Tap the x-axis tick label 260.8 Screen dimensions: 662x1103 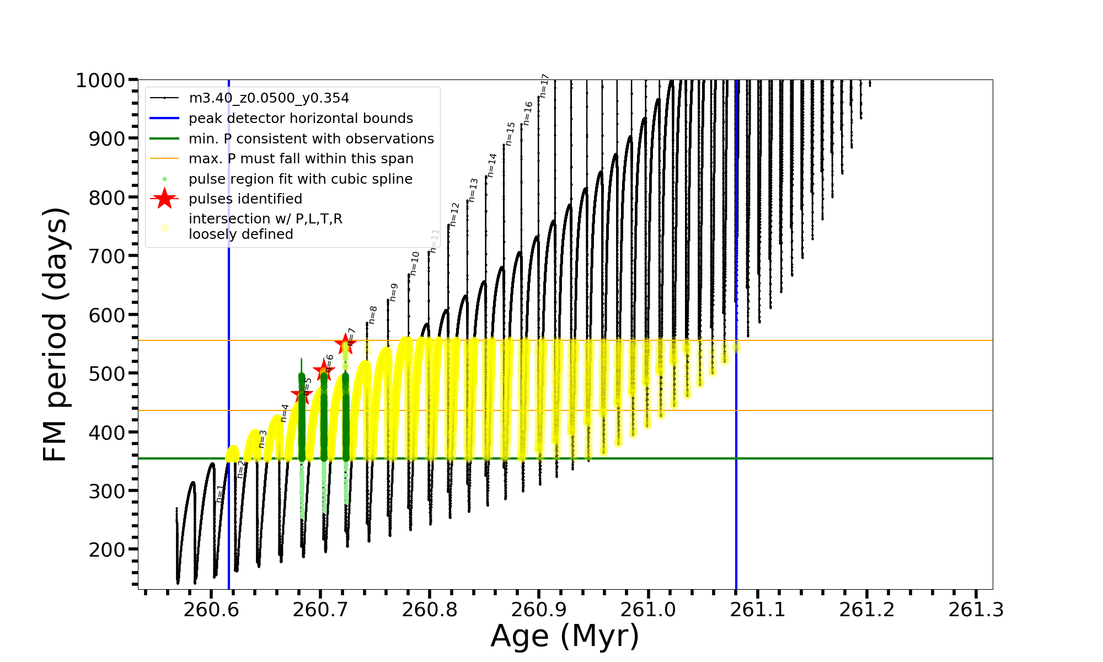pyautogui.click(x=430, y=610)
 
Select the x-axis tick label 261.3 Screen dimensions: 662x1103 pyautogui.click(x=976, y=610)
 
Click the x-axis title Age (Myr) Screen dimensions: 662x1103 pyautogui.click(x=565, y=636)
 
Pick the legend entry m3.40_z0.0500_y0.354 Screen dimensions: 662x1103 pyautogui.click(x=269, y=98)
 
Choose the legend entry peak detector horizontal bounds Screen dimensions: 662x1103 pyautogui.click(x=301, y=119)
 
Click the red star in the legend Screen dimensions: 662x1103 pyautogui.click(x=164, y=199)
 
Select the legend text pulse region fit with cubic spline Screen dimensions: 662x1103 pyautogui.click(x=300, y=179)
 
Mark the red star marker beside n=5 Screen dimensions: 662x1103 pyautogui.click(x=302, y=394)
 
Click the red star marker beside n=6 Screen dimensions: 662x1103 pyautogui.click(x=324, y=370)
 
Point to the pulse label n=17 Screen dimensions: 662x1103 pyautogui.click(x=544, y=86)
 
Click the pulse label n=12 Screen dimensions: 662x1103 pyautogui.click(x=454, y=214)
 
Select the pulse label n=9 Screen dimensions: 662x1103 pyautogui.click(x=393, y=292)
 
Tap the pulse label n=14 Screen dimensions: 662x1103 pyautogui.click(x=492, y=165)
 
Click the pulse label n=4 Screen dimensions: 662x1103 pyautogui.click(x=285, y=413)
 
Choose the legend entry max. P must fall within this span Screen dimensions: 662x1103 pyautogui.click(x=301, y=159)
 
